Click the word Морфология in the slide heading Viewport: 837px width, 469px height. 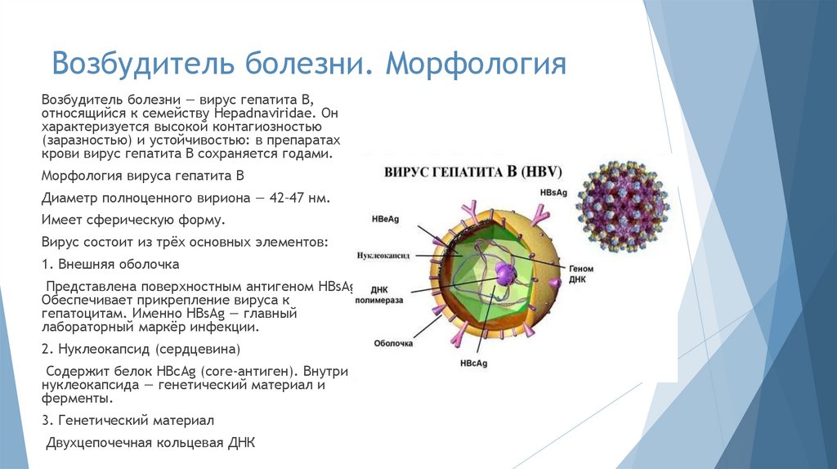477,64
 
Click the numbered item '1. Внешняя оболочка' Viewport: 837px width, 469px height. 110,265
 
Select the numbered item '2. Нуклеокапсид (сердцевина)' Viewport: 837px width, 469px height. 141,349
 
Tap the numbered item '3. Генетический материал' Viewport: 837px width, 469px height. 128,420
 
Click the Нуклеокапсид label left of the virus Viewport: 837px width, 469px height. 387,255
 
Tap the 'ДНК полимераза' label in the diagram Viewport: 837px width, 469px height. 377,294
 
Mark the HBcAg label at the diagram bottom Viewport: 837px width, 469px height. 474,362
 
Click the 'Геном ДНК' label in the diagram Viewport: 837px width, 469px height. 582,274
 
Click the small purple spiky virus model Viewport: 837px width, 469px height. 620,205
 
